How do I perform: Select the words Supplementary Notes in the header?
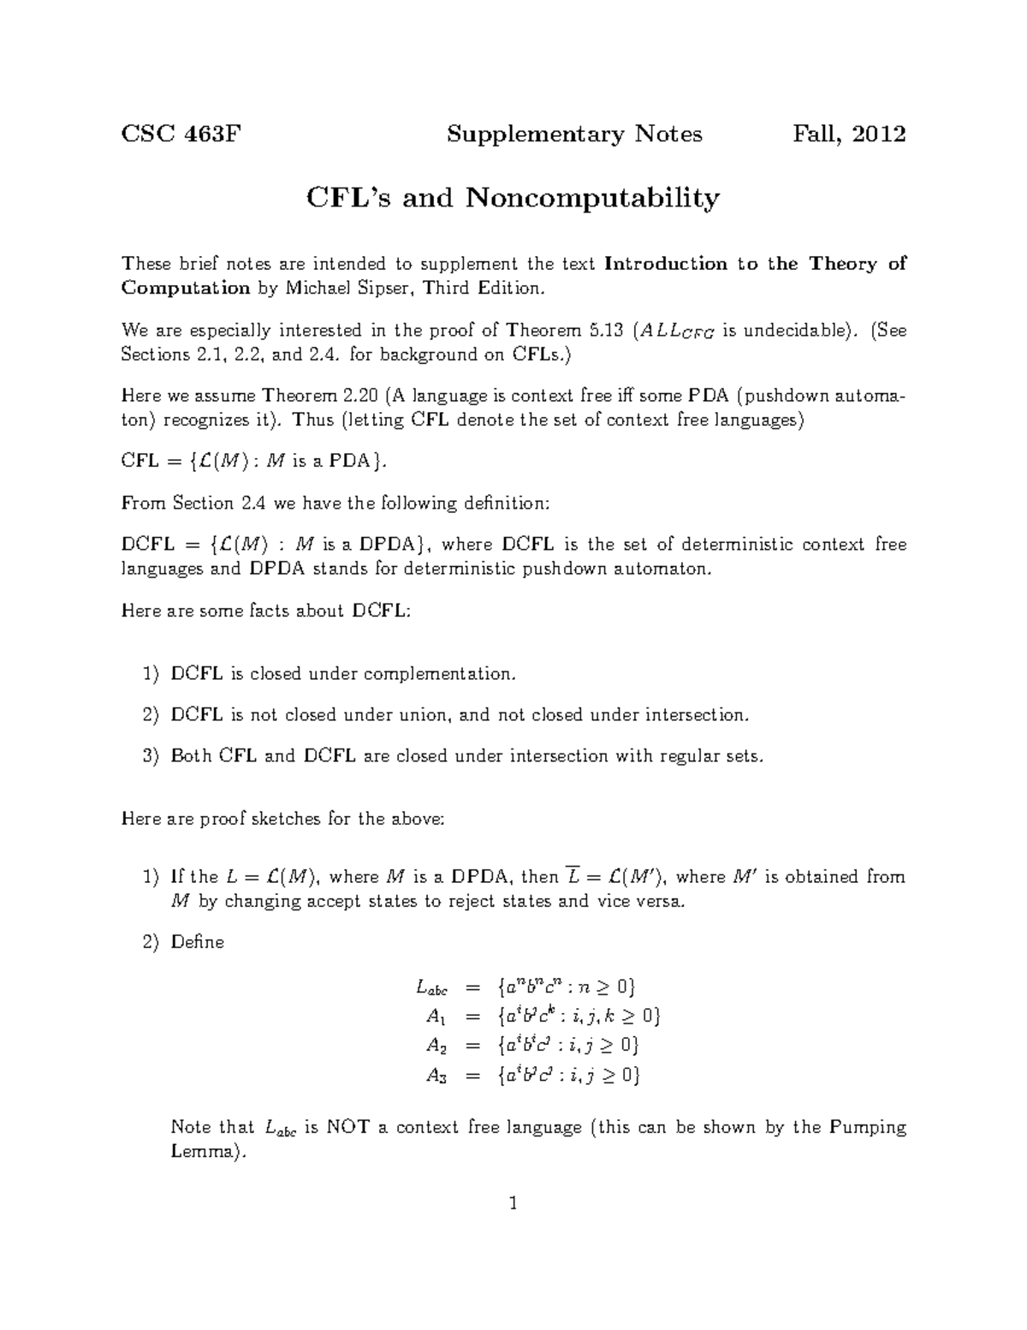(574, 134)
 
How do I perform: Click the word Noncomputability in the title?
(592, 199)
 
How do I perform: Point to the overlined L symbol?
(574, 876)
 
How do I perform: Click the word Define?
(198, 942)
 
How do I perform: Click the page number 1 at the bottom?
(513, 1204)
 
